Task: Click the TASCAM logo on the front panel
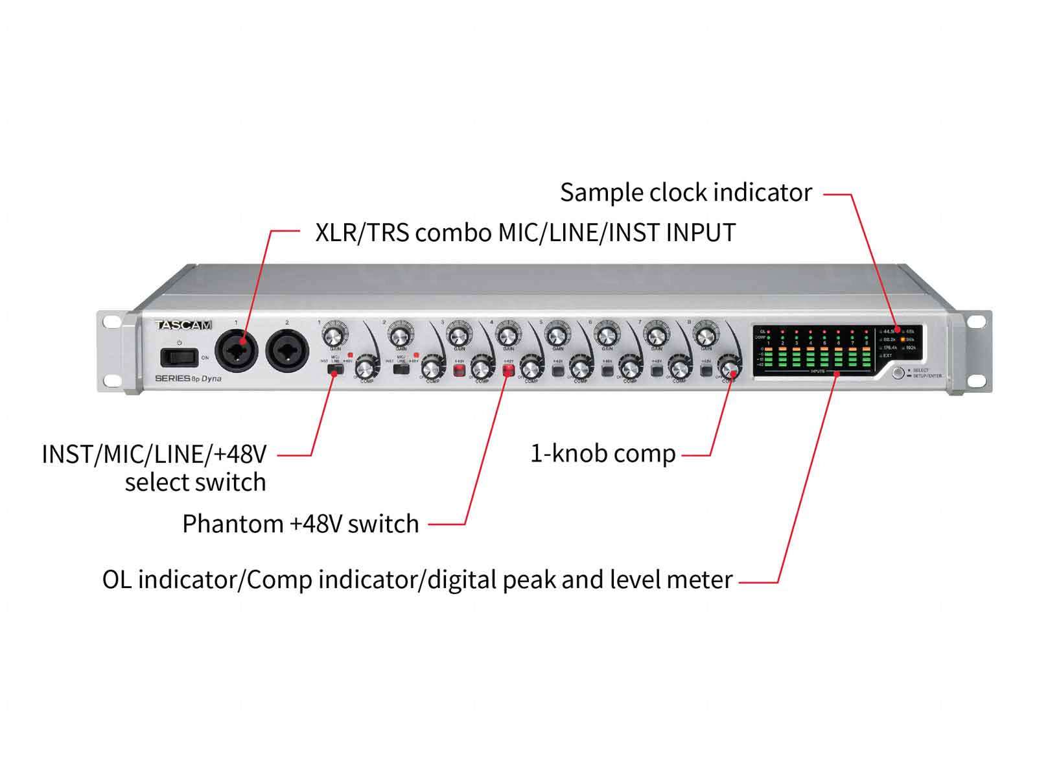coord(184,325)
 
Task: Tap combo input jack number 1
coord(237,351)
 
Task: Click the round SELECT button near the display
coord(898,373)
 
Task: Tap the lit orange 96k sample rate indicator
coord(903,339)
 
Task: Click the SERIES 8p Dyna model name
coord(189,379)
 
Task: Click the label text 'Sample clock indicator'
coord(686,193)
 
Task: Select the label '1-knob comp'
coord(603,453)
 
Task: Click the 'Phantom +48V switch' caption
coord(301,523)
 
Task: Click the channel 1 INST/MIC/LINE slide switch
coord(335,370)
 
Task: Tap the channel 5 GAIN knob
coord(556,336)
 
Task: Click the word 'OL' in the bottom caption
coord(117,579)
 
